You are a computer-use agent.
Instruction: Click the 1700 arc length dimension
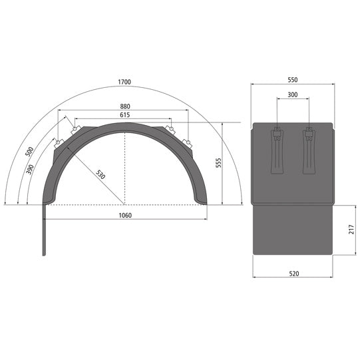124,82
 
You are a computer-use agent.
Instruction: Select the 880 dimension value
125,106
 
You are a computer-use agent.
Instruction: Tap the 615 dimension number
125,115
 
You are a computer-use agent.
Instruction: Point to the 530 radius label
100,174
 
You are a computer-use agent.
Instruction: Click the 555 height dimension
219,163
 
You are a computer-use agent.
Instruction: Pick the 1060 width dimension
125,216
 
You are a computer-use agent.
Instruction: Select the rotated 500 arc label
29,152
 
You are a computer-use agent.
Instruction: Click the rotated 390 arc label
30,170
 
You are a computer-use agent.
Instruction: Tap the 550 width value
293,80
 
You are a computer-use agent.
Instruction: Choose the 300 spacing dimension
293,94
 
